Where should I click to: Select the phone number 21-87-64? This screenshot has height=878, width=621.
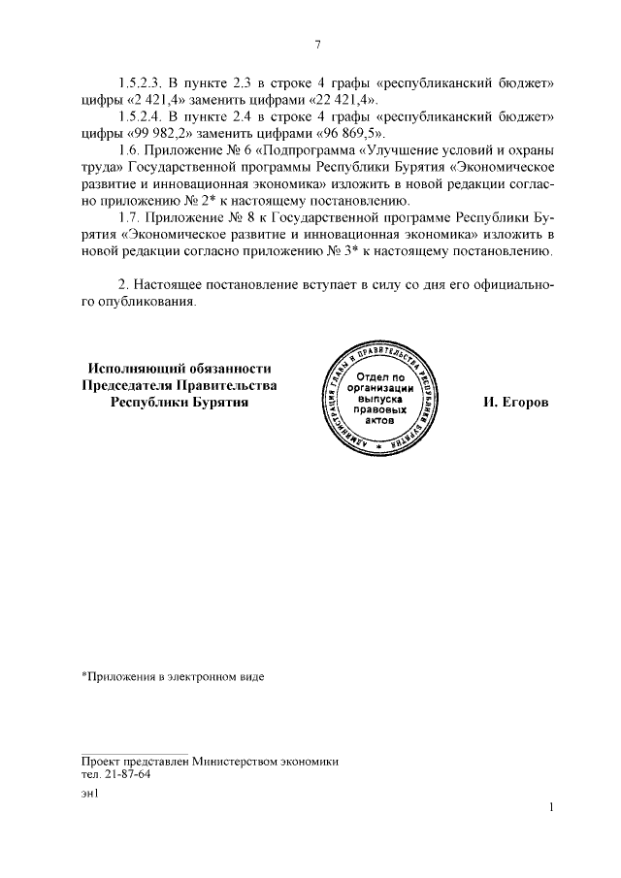coord(126,774)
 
